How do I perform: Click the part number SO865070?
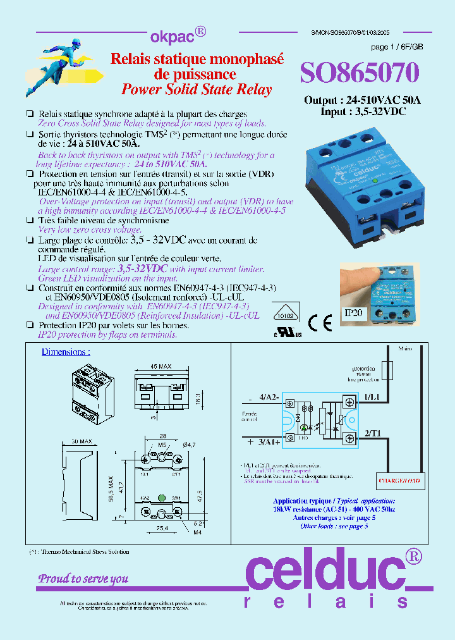pos(359,73)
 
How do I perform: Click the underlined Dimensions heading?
pos(66,352)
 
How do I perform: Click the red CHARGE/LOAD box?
pos(399,481)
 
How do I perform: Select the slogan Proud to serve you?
pos(83,579)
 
